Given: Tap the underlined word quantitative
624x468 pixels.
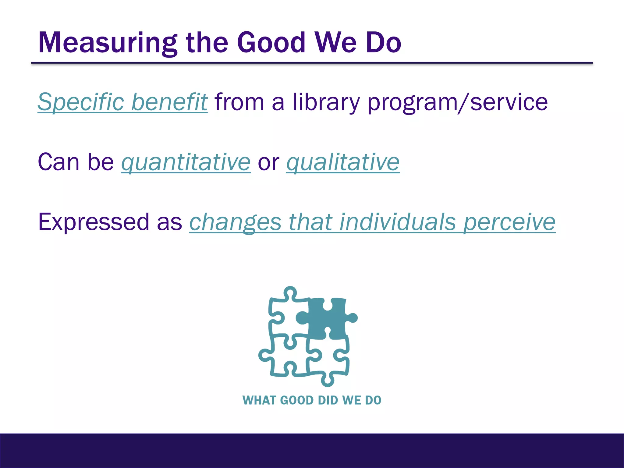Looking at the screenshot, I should point(186,162).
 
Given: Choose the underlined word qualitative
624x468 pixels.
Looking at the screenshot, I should point(343,162).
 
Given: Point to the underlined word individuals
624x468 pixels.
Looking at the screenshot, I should point(397,222).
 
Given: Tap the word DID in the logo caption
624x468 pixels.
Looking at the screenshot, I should point(328,400).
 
